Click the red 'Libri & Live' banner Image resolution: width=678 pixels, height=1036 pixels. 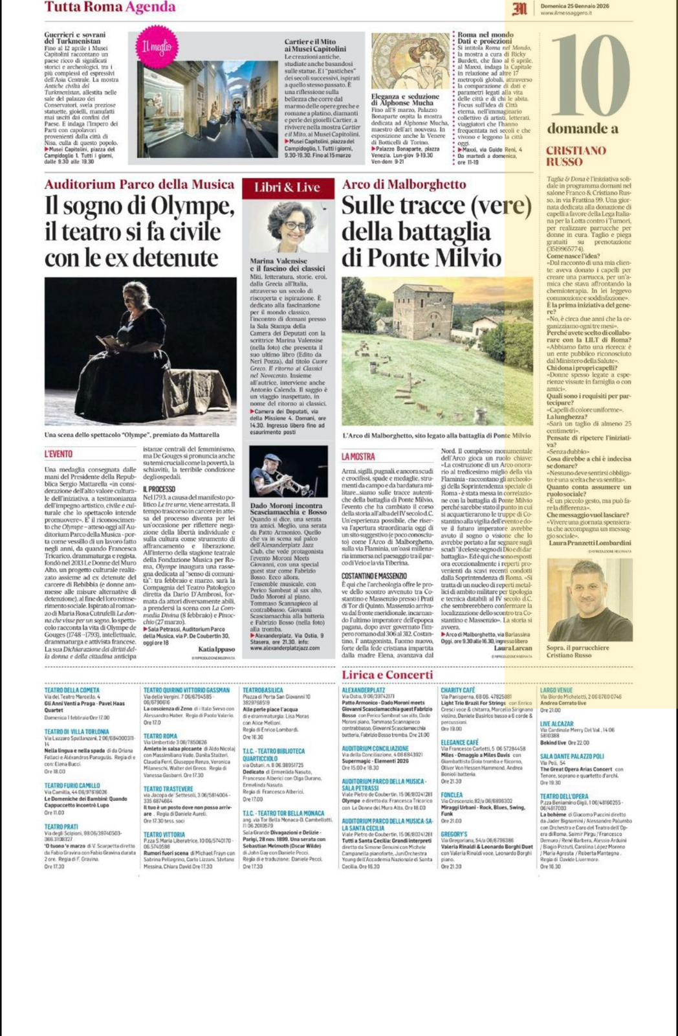click(287, 188)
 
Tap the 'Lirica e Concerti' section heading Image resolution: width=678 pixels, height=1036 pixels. click(388, 675)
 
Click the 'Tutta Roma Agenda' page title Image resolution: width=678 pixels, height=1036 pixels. click(110, 7)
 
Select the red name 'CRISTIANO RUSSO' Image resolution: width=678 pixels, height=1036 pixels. click(576, 155)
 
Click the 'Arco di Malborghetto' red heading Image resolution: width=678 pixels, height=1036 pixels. click(404, 185)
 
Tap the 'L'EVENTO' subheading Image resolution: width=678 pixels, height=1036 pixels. click(58, 455)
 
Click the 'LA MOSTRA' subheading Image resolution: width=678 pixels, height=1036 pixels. click(358, 457)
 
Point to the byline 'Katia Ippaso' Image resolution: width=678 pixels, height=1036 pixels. click(217, 648)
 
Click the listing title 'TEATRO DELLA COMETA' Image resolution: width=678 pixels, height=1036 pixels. click(72, 690)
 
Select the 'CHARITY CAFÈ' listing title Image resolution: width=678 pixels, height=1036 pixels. click(458, 690)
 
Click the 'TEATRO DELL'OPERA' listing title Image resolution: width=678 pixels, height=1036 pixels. click(564, 796)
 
